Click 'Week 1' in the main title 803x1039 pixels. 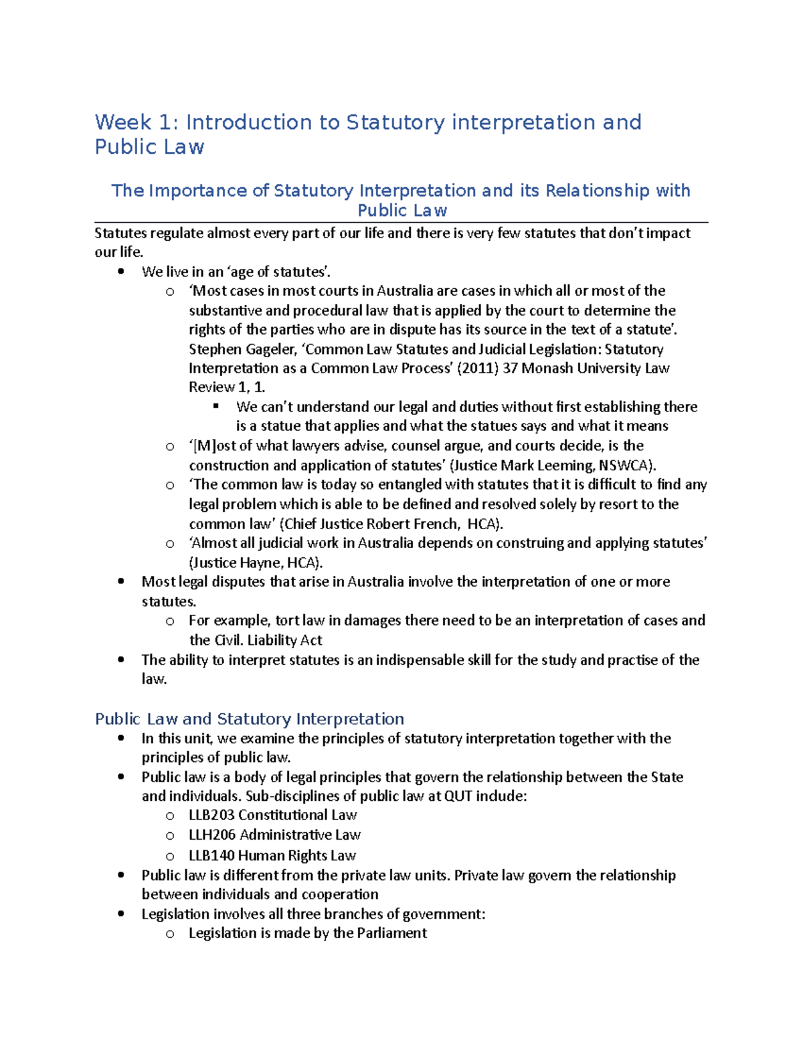132,122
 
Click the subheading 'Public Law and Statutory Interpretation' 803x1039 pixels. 249,719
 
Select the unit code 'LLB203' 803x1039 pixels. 211,816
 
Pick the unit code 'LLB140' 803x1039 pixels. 211,856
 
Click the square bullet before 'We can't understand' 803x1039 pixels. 216,406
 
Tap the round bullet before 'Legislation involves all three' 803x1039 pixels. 121,914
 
